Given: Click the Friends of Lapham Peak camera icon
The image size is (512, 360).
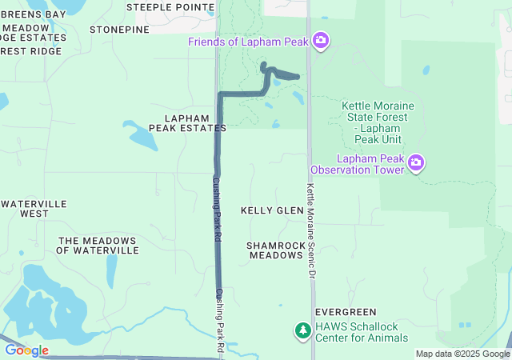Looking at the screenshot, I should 321,40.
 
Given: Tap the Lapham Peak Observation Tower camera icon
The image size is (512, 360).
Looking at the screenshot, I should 415,163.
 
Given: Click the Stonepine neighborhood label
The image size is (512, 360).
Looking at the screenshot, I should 120,30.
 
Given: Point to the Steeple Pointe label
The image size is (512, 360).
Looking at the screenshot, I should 170,7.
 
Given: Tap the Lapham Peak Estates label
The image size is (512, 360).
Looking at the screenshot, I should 188,122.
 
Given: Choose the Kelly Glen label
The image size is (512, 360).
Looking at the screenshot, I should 272,210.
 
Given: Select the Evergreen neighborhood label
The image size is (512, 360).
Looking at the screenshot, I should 346,311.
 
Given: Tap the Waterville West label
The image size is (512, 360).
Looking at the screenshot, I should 34,209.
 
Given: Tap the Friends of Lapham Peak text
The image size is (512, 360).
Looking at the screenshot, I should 250,41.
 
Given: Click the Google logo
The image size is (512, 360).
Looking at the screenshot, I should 26,350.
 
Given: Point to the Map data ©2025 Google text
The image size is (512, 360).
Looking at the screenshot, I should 462,354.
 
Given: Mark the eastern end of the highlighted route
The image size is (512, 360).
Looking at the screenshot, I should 298,77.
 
